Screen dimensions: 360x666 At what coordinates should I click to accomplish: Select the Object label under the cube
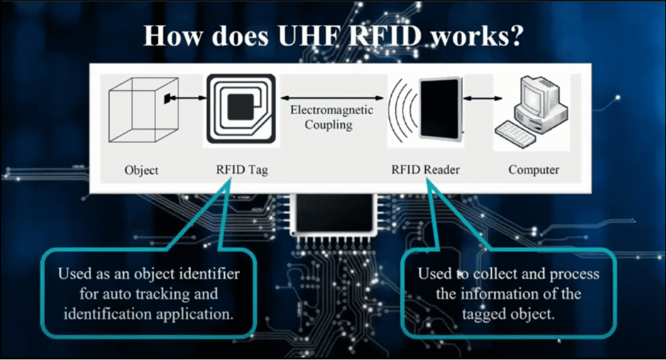pyautogui.click(x=142, y=170)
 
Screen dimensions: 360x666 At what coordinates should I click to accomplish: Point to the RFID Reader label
pyautogui.click(x=425, y=170)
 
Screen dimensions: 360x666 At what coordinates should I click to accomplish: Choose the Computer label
pyautogui.click(x=534, y=170)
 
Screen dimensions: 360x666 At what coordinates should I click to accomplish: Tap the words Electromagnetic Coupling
pyautogui.click(x=331, y=117)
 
